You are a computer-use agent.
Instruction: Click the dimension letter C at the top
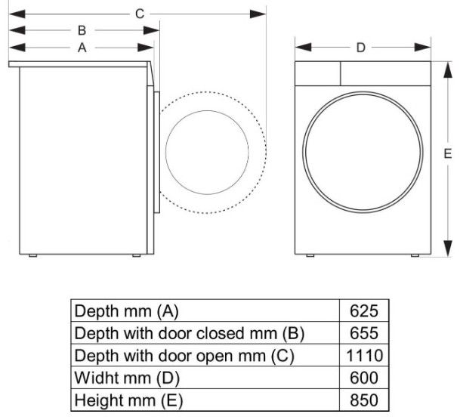[140, 14]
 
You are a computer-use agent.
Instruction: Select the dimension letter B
[82, 30]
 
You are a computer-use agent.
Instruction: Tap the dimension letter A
[82, 48]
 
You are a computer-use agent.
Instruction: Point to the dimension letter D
[361, 48]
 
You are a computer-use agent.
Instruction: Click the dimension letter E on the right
[448, 153]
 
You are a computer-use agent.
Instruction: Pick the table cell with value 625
[364, 311]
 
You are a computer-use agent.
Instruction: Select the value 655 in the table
[364, 333]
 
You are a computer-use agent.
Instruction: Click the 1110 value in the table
[365, 356]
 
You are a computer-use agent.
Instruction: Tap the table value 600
[364, 378]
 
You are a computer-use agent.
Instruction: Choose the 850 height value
[364, 400]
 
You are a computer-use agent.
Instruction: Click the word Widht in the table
[97, 378]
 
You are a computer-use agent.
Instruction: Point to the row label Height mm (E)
[128, 400]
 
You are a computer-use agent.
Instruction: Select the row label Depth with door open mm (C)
[184, 356]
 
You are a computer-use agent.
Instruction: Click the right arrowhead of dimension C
[258, 14]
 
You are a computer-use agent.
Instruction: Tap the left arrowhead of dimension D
[303, 48]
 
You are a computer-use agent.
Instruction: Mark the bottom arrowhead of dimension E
[448, 249]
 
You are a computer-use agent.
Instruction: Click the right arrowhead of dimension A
[146, 48]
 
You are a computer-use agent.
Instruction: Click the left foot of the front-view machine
[310, 256]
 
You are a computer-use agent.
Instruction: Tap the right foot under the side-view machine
[137, 256]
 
